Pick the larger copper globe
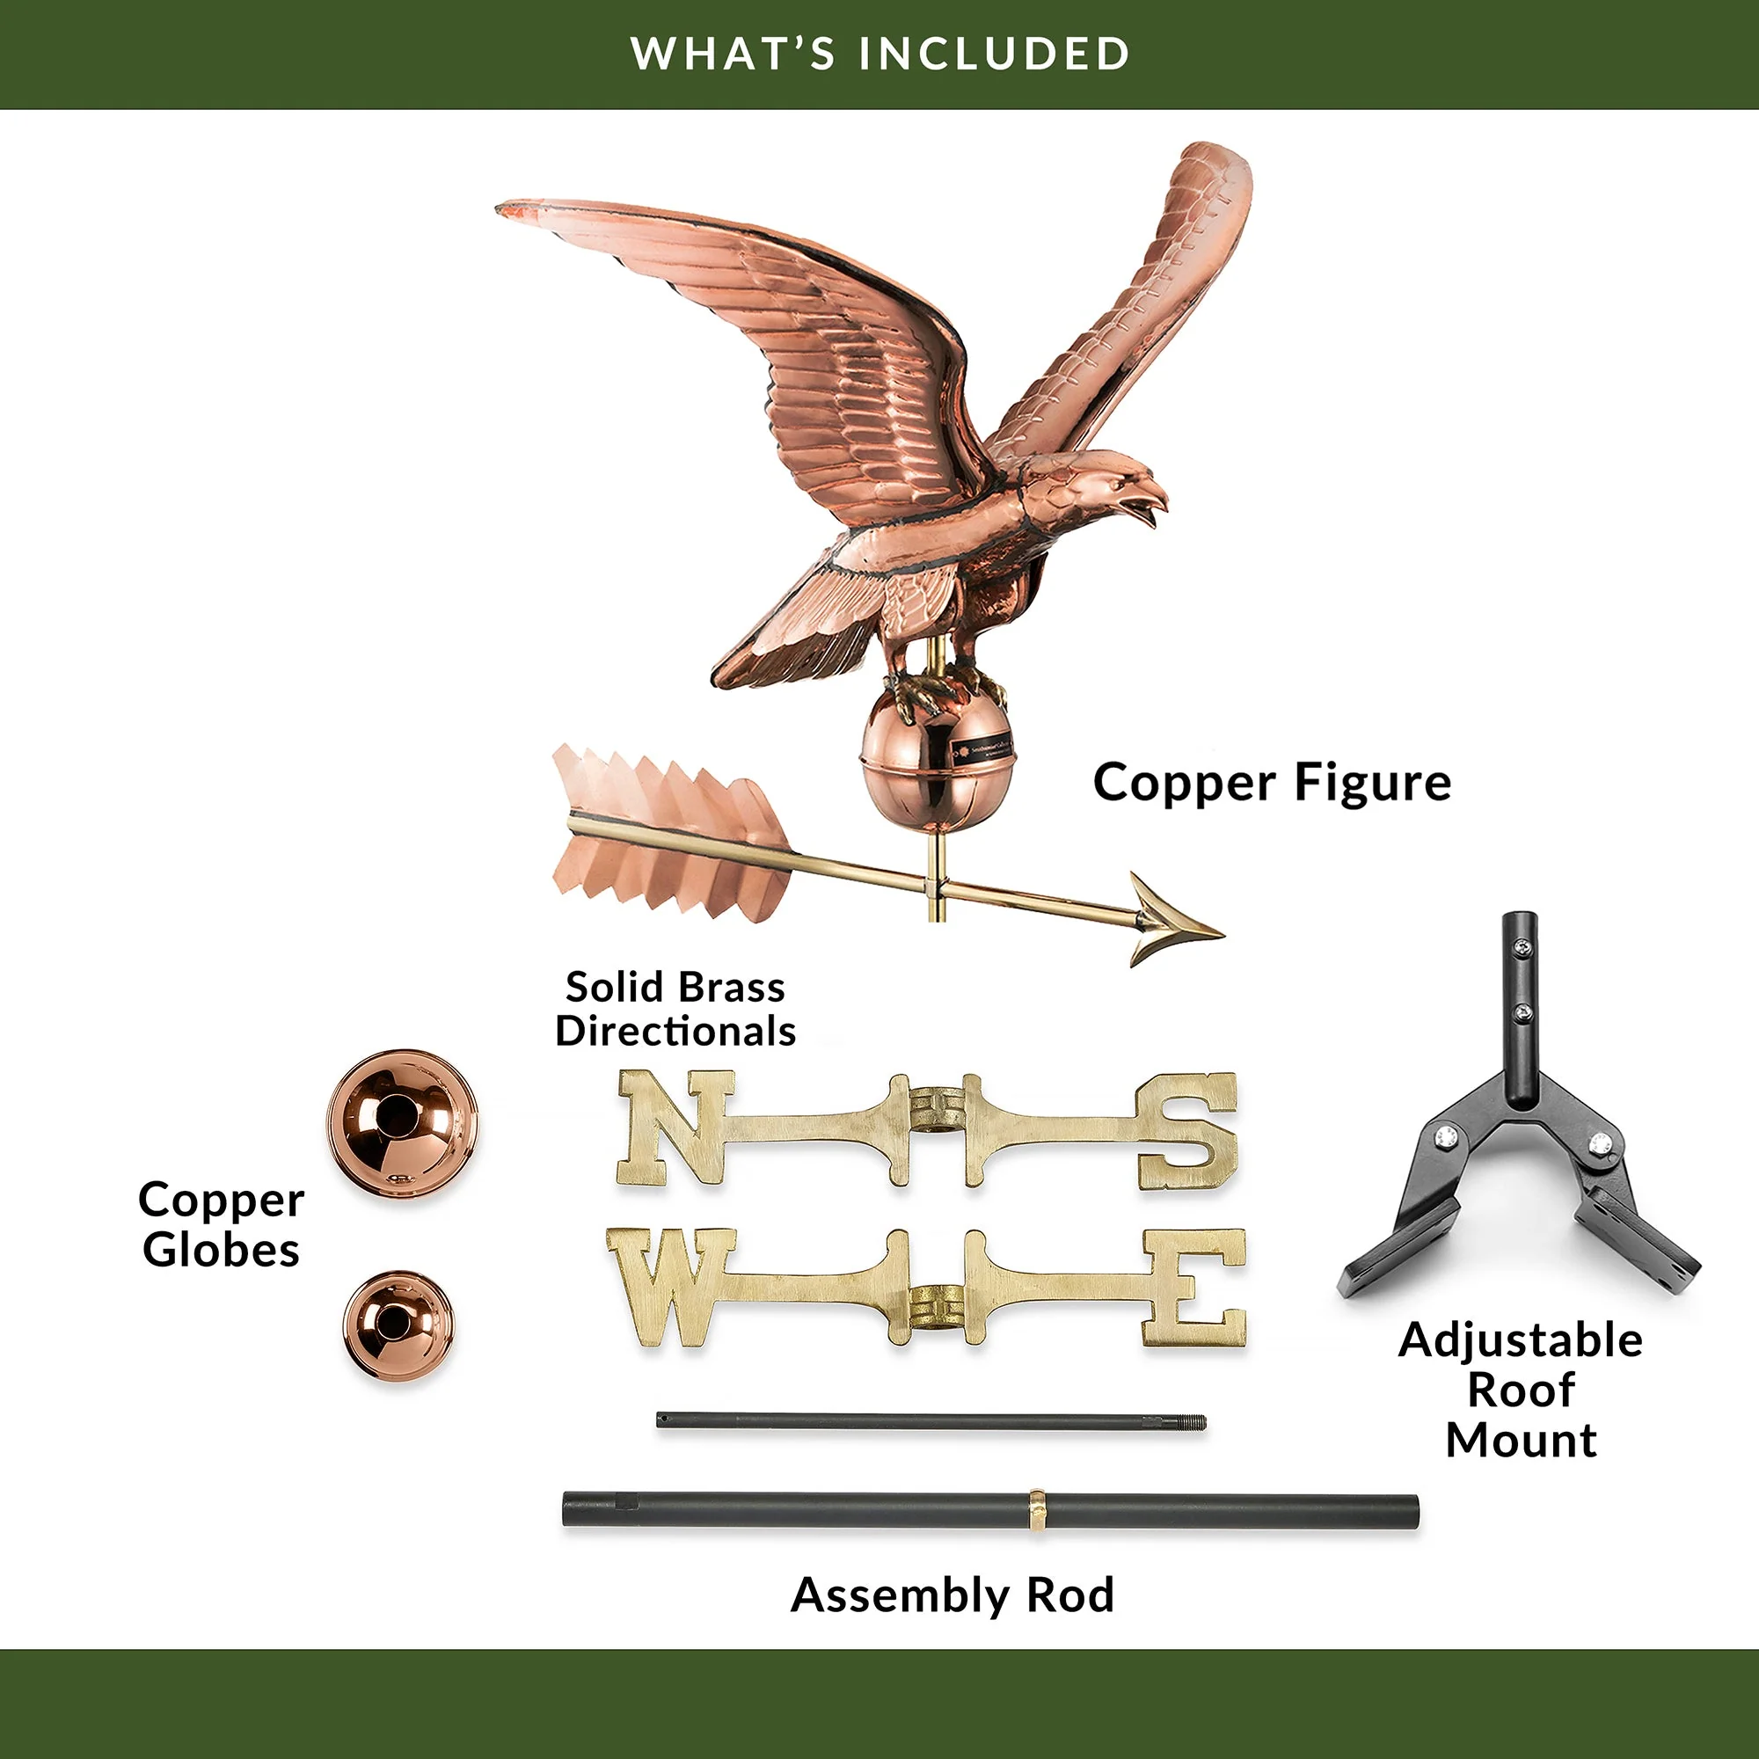[403, 1122]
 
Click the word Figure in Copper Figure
[1372, 783]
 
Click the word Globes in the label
[222, 1249]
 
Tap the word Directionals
[675, 1032]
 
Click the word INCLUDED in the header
[994, 54]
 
